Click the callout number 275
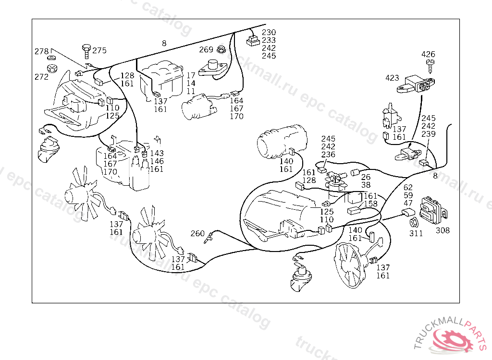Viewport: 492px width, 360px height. coord(99,50)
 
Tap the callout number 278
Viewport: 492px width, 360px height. coord(41,51)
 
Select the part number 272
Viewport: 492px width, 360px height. coord(41,77)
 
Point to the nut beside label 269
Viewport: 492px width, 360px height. coord(221,49)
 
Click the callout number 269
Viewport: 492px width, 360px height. coord(206,49)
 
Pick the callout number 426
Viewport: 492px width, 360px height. coord(429,54)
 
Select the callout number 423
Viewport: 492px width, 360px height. coord(392,77)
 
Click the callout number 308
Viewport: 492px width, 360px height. coord(443,230)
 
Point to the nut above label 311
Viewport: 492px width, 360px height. coord(413,223)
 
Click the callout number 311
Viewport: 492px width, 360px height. coord(416,234)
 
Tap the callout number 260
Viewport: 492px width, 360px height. coord(197,234)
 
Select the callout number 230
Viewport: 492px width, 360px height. coord(269,33)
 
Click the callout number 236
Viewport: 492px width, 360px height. coord(329,155)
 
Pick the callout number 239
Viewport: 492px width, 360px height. coord(429,134)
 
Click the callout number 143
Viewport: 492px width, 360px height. coord(157,154)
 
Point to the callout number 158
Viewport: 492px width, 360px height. coord(370,204)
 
